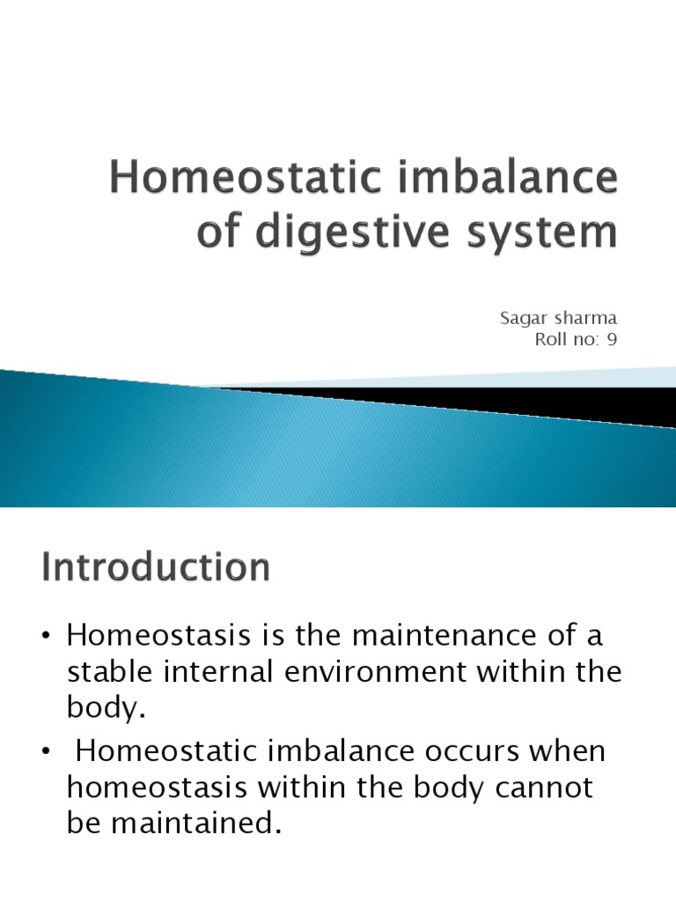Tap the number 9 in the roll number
[x=612, y=338]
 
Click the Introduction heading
[x=156, y=567]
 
